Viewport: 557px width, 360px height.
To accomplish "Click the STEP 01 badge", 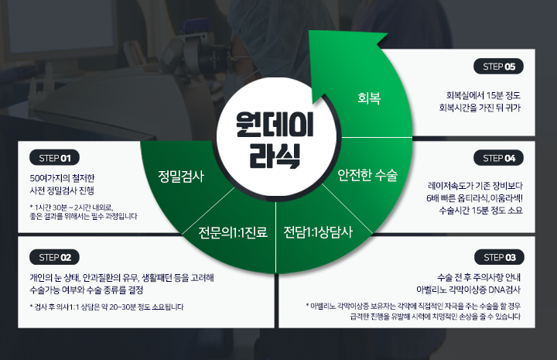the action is pos(54,158).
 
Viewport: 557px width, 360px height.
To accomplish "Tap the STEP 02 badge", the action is pos(54,257).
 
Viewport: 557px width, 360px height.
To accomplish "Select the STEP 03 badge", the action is pos(499,257).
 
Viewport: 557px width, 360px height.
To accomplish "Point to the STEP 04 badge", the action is pos(498,158).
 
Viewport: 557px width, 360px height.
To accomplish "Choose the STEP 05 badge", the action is pos(498,67).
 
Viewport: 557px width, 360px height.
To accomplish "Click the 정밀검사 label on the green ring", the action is pos(181,177).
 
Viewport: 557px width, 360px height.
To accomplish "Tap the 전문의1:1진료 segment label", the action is pos(233,232).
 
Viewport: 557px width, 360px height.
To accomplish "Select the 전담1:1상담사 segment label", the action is pos(318,232).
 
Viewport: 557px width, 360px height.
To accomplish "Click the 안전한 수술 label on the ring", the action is pos(367,175).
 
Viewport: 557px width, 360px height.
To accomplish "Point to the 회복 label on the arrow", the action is pos(369,98).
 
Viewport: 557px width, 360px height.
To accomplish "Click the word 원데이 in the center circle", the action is pos(275,125).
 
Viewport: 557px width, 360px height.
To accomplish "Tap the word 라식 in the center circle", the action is pos(275,156).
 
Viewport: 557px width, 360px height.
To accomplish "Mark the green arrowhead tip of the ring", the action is pos(309,31).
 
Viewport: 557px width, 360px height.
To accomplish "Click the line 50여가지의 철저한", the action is pos(62,178).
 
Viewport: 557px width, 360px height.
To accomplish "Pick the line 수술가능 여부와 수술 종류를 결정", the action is pos(87,290).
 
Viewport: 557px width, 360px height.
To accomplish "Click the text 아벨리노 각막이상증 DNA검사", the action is pos(468,290).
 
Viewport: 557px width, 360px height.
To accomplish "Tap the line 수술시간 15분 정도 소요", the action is pos(480,211).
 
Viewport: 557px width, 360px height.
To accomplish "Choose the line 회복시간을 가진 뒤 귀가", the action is pos(480,108).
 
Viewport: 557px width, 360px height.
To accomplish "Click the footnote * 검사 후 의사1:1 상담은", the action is pos(107,307).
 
